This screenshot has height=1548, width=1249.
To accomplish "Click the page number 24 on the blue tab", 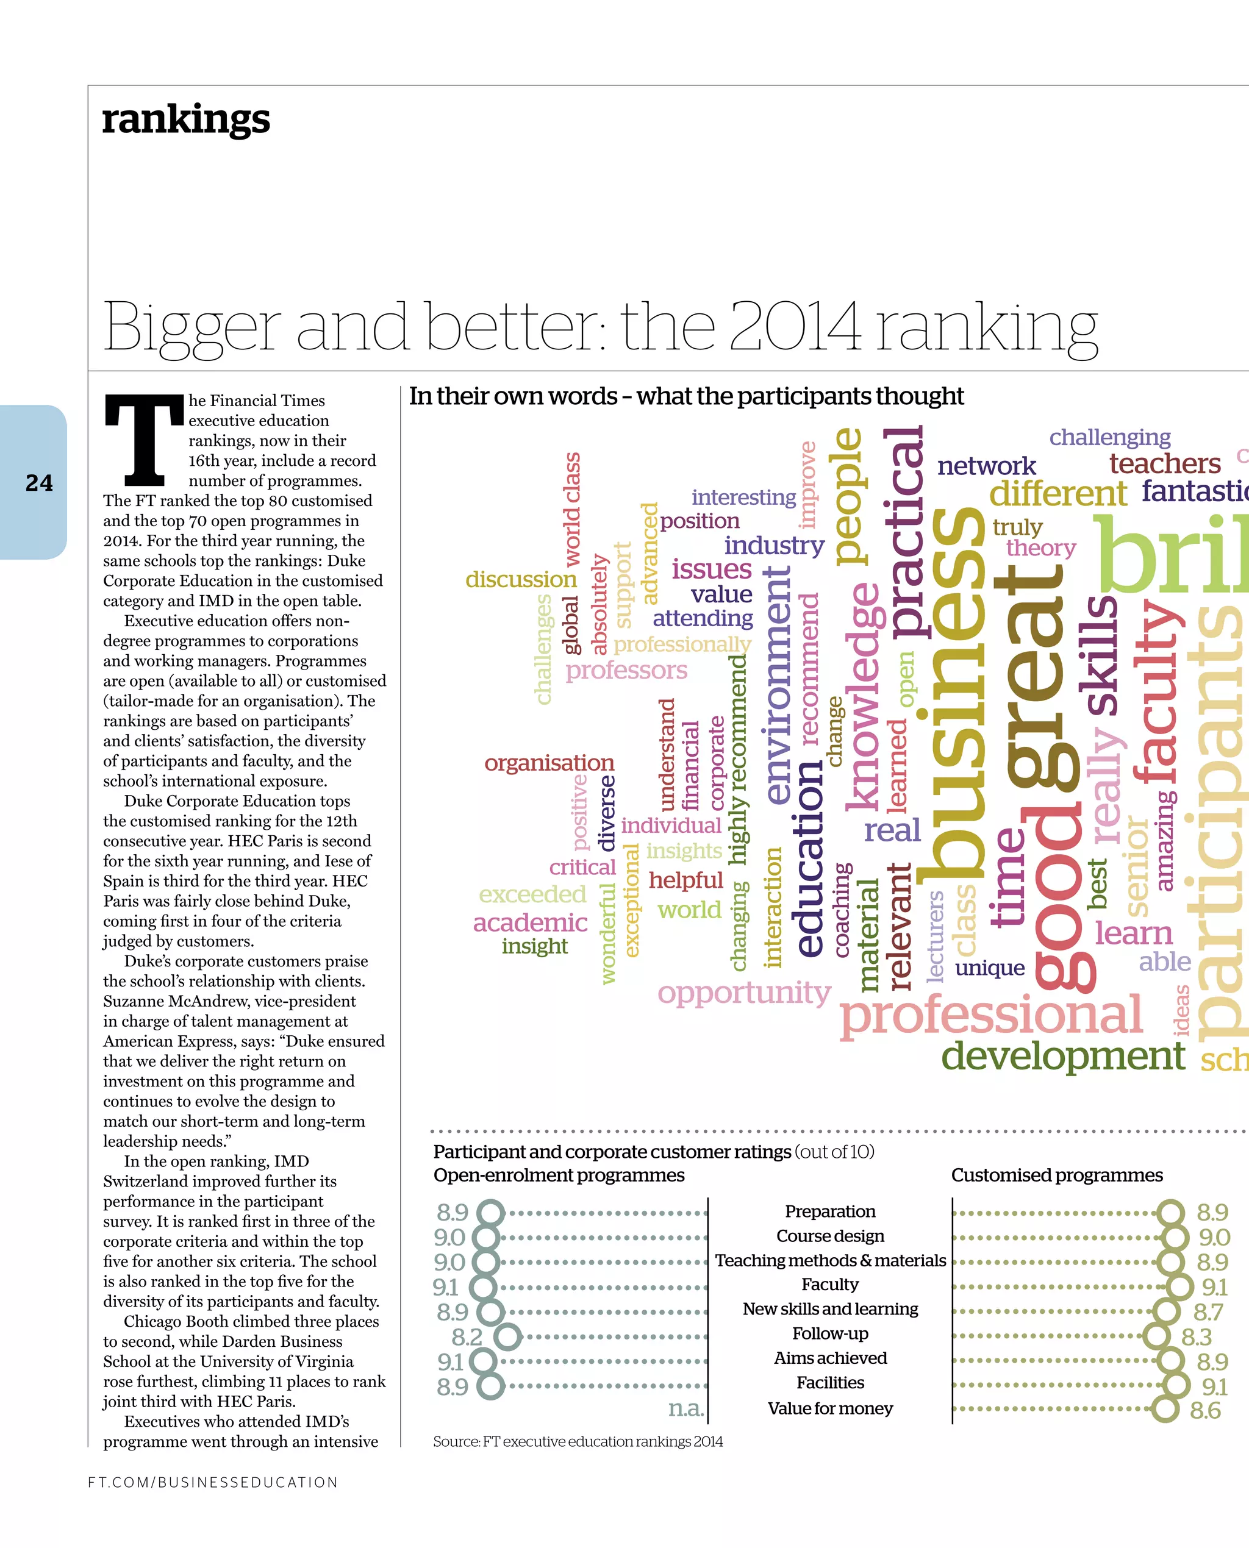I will (39, 483).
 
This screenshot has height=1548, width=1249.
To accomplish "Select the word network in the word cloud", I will (986, 466).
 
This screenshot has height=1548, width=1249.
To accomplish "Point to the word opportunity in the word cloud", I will (744, 993).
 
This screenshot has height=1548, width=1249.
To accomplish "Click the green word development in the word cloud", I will (1062, 1056).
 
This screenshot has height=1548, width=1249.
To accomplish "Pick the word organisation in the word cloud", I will (549, 763).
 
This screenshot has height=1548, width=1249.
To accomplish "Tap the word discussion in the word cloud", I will (520, 579).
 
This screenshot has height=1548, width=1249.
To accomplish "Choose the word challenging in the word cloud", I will (1109, 437).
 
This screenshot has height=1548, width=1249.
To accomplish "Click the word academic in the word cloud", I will (529, 923).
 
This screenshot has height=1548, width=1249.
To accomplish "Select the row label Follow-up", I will (829, 1333).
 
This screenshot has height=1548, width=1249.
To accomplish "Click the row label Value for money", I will (829, 1408).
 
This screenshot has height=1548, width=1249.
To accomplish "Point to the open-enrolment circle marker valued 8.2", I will (508, 1337).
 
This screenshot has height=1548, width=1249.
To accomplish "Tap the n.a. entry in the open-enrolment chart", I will (685, 1408).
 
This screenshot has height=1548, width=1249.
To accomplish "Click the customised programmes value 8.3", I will (1197, 1337).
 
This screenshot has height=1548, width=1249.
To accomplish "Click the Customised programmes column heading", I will (1056, 1175).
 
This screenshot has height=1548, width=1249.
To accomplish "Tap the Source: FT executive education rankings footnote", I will (578, 1441).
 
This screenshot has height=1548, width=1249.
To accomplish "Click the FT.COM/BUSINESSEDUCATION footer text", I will (212, 1482).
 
